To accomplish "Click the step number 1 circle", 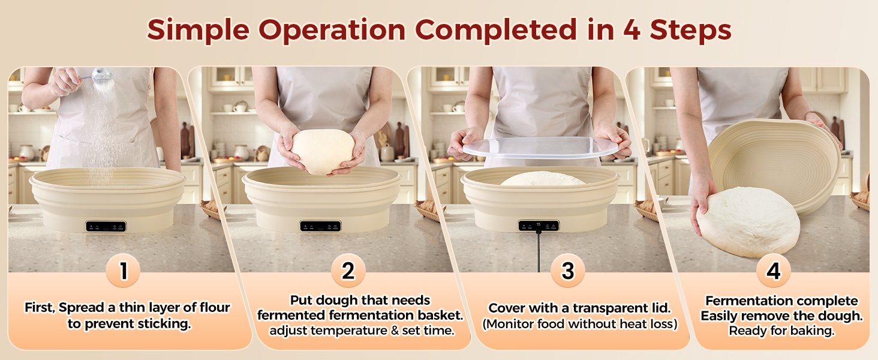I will tap(123, 271).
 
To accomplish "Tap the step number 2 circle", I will tap(348, 271).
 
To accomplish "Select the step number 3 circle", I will tap(567, 271).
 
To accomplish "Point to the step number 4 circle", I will tap(773, 271).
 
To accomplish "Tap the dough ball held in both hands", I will tap(323, 151).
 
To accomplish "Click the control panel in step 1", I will tap(106, 226).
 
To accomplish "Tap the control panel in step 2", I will tap(320, 226).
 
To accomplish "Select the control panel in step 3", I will tap(539, 226).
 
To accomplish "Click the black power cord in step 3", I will tap(539, 252).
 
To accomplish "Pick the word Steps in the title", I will tap(690, 29).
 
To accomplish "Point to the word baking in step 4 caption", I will tap(814, 331).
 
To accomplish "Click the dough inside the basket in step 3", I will tap(543, 179).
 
